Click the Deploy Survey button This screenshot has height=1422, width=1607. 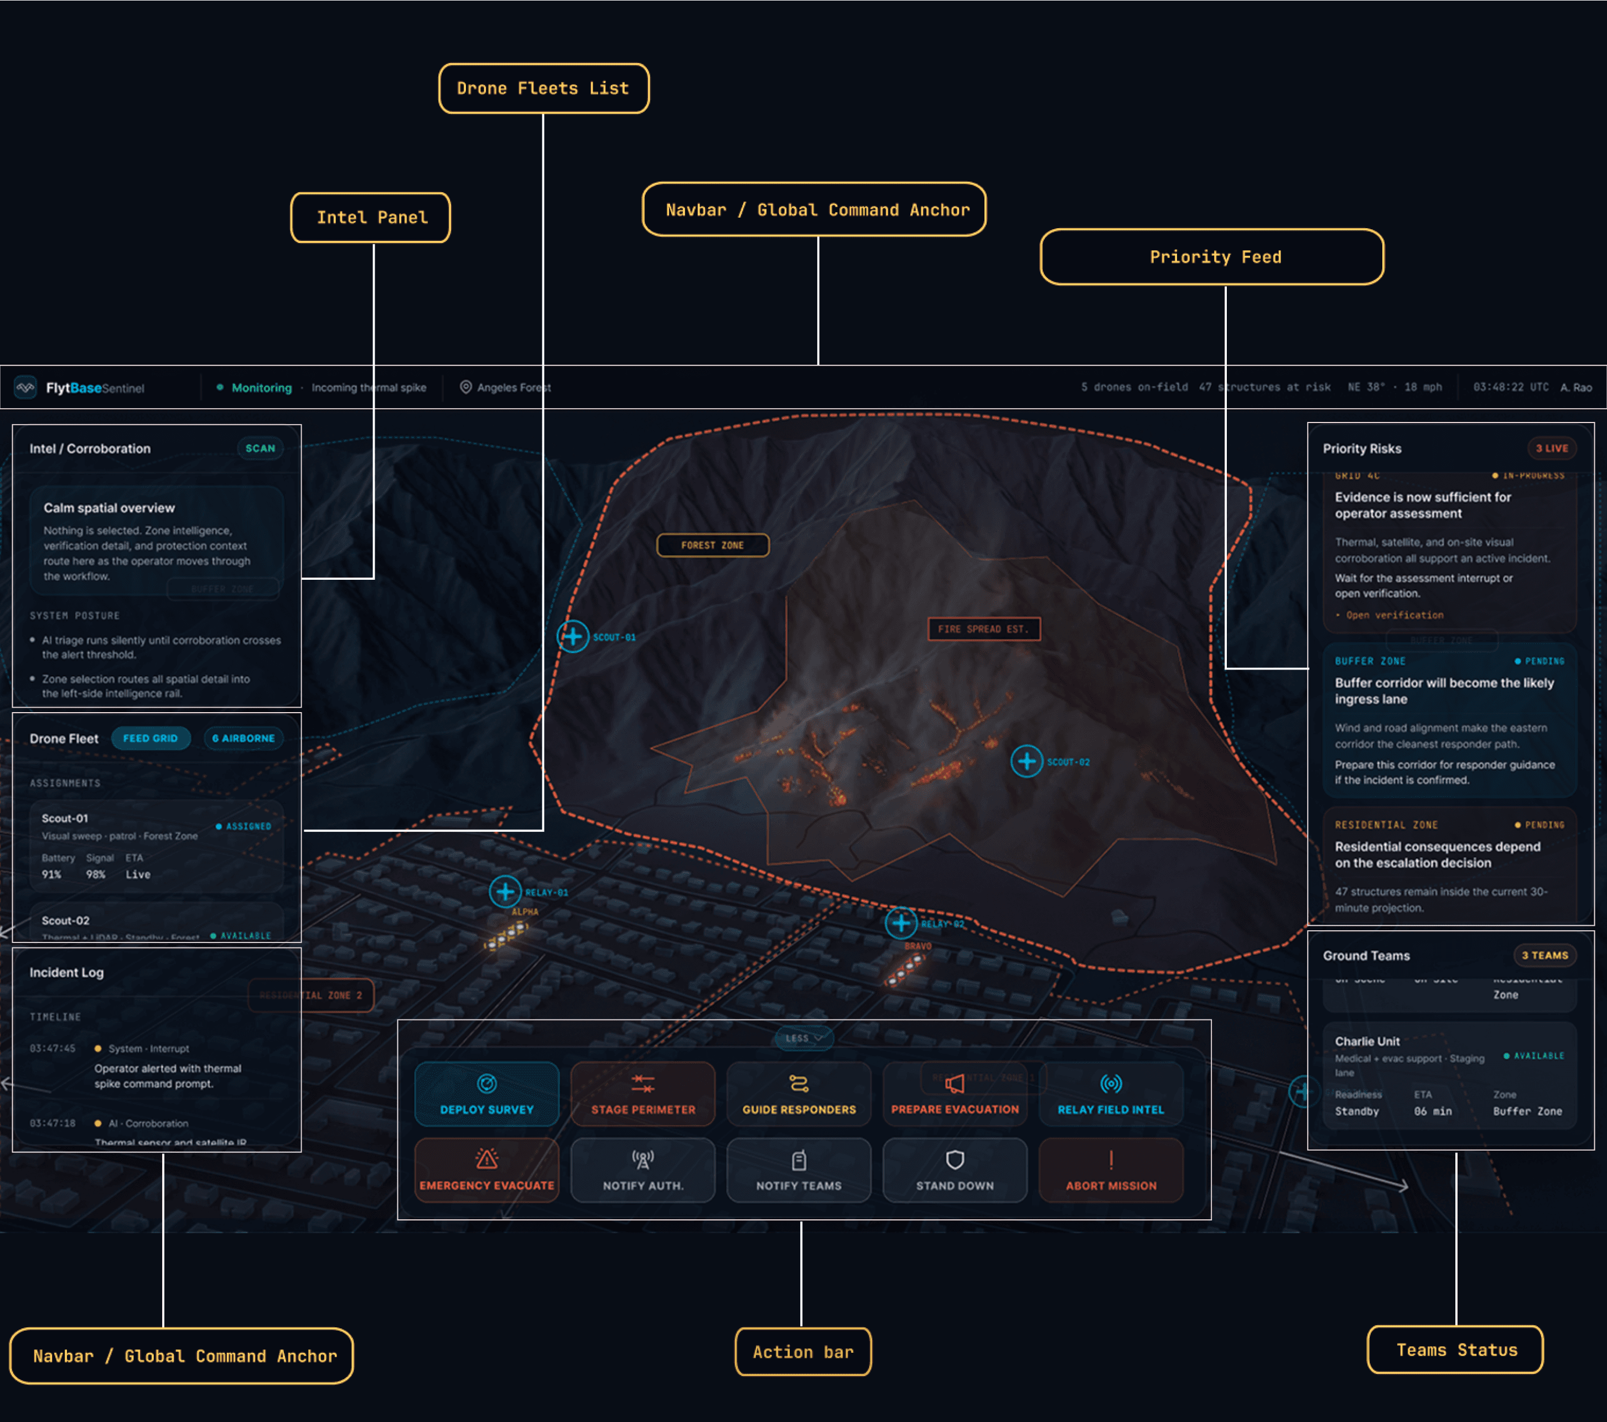click(486, 1093)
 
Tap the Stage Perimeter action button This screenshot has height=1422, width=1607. click(643, 1093)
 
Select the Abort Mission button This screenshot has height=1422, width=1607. click(1111, 1169)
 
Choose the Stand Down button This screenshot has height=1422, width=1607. click(955, 1169)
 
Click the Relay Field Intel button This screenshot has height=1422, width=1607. click(1111, 1093)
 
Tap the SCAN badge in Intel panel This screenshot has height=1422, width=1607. click(260, 449)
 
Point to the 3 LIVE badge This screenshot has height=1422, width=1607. click(1551, 449)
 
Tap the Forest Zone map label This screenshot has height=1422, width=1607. click(712, 545)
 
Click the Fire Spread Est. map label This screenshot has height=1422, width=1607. click(983, 629)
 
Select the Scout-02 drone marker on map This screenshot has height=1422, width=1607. click(1026, 761)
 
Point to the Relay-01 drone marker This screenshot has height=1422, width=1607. click(506, 892)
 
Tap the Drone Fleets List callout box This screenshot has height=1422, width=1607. click(543, 89)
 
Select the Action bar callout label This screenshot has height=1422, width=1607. click(803, 1352)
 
